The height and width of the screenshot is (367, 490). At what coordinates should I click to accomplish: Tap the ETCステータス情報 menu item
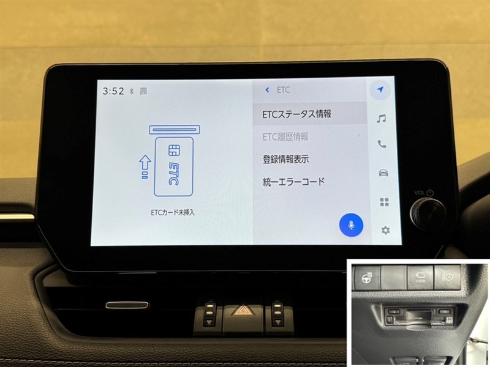[x=296, y=114]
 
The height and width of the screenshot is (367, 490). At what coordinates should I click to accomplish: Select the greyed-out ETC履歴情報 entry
[x=285, y=136]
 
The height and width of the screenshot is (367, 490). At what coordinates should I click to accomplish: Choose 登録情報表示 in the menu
[x=285, y=159]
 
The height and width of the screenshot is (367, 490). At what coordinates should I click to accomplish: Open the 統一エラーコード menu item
[x=293, y=182]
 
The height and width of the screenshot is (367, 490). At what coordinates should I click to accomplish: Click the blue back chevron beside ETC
[x=267, y=90]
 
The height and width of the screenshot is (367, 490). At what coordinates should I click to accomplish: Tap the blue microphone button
[x=351, y=225]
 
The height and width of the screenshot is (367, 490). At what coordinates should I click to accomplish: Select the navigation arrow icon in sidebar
[x=380, y=90]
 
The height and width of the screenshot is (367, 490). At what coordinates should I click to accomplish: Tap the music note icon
[x=381, y=118]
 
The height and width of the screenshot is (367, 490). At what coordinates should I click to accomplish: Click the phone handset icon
[x=382, y=144]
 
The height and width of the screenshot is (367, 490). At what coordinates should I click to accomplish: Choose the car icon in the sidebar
[x=383, y=172]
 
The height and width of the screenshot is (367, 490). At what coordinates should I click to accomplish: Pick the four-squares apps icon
[x=385, y=202]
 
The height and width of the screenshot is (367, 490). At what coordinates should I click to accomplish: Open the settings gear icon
[x=385, y=231]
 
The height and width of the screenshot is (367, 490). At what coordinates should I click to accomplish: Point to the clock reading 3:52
[x=113, y=91]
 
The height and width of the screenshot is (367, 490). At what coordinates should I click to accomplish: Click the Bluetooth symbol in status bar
[x=132, y=91]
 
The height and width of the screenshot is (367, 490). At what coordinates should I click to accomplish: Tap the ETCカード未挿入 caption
[x=173, y=212]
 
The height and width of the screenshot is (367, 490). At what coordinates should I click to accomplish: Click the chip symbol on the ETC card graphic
[x=172, y=150]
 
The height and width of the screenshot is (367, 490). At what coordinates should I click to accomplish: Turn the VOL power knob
[x=428, y=213]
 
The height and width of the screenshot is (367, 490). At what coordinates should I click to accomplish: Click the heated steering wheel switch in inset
[x=366, y=278]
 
